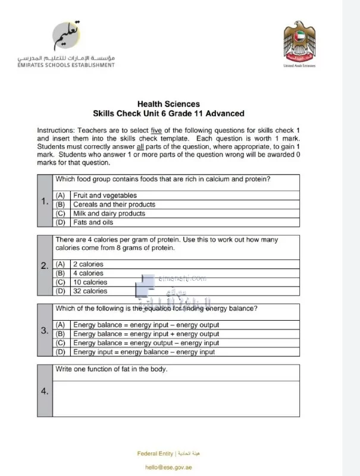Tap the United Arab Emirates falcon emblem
pyautogui.click(x=299, y=45)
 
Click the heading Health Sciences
pyautogui.click(x=168, y=104)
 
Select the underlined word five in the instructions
pyautogui.click(x=156, y=130)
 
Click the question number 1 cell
pyautogui.click(x=45, y=201)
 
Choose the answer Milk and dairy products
pyautogui.click(x=109, y=213)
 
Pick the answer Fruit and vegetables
pyautogui.click(x=105, y=195)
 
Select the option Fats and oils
pyautogui.click(x=93, y=222)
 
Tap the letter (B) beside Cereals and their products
pyautogui.click(x=61, y=204)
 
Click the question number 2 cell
pyautogui.click(x=45, y=266)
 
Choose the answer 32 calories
pyautogui.click(x=90, y=291)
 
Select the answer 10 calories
pyautogui.click(x=90, y=282)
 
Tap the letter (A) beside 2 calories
pyautogui.click(x=61, y=264)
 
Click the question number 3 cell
pyautogui.click(x=45, y=330)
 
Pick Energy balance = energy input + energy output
pyautogui.click(x=146, y=334)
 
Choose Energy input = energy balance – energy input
pyautogui.click(x=144, y=352)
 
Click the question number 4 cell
pyautogui.click(x=45, y=391)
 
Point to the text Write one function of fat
pyautogui.click(x=111, y=369)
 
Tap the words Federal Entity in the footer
pyautogui.click(x=155, y=454)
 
